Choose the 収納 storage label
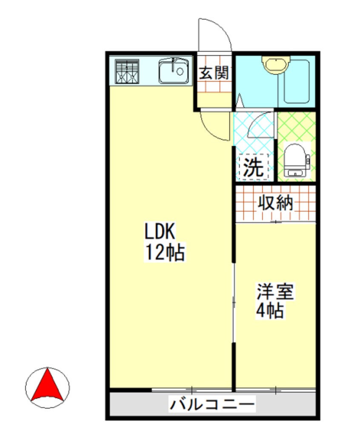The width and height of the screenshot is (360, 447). pos(276,203)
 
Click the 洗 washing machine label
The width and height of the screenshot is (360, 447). pos(254,167)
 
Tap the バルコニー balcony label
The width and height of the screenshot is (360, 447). pos(212,403)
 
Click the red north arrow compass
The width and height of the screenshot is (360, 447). pos(47,387)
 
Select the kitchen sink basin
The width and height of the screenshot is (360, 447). pos(174,71)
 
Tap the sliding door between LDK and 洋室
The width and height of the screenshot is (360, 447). pos(234,302)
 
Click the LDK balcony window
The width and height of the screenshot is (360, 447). pos(192,389)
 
